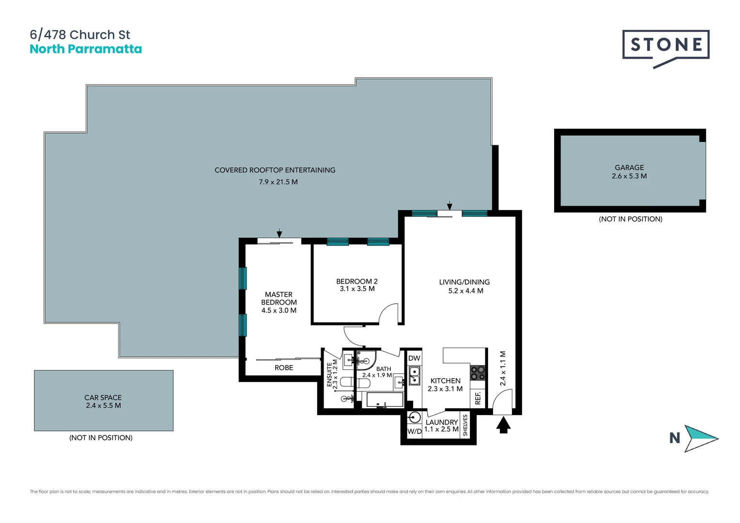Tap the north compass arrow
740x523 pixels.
click(700, 438)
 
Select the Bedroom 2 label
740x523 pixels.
click(357, 281)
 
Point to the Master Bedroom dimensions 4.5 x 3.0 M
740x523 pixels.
click(279, 310)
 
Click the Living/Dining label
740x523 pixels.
click(464, 282)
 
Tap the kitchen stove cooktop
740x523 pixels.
click(478, 373)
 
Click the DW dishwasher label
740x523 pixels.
click(414, 358)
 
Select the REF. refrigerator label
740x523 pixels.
click(478, 398)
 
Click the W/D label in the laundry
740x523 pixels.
click(414, 431)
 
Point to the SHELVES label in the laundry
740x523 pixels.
click(465, 425)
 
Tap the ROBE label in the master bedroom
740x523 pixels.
click(284, 368)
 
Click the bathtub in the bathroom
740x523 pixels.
click(385, 400)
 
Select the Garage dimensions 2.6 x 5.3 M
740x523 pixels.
click(629, 176)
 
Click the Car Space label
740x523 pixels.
click(103, 398)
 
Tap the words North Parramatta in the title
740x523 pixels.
click(86, 49)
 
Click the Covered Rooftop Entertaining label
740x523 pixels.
click(275, 170)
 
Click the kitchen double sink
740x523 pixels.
click(415, 376)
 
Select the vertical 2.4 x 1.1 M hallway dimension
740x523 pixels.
click(503, 369)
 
